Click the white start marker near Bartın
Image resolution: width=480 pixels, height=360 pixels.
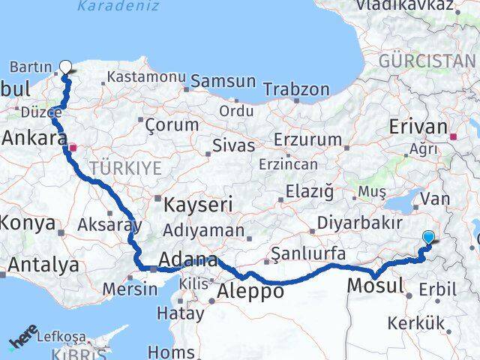click(x=65, y=67)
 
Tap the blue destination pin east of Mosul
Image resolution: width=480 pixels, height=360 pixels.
click(x=428, y=238)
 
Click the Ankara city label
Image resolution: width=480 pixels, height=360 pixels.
click(x=34, y=139)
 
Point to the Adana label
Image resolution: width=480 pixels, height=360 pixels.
click(x=188, y=260)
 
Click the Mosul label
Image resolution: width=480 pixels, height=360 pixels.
click(x=376, y=285)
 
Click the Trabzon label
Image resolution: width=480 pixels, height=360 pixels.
click(x=296, y=90)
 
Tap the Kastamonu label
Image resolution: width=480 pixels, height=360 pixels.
click(x=146, y=76)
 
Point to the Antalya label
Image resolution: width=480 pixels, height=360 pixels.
click(x=43, y=264)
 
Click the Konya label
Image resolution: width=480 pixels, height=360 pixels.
click(x=28, y=223)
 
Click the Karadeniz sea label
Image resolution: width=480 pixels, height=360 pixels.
click(x=118, y=7)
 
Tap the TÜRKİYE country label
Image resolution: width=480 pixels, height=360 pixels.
click(x=125, y=168)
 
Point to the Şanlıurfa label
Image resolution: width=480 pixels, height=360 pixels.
click(x=308, y=254)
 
